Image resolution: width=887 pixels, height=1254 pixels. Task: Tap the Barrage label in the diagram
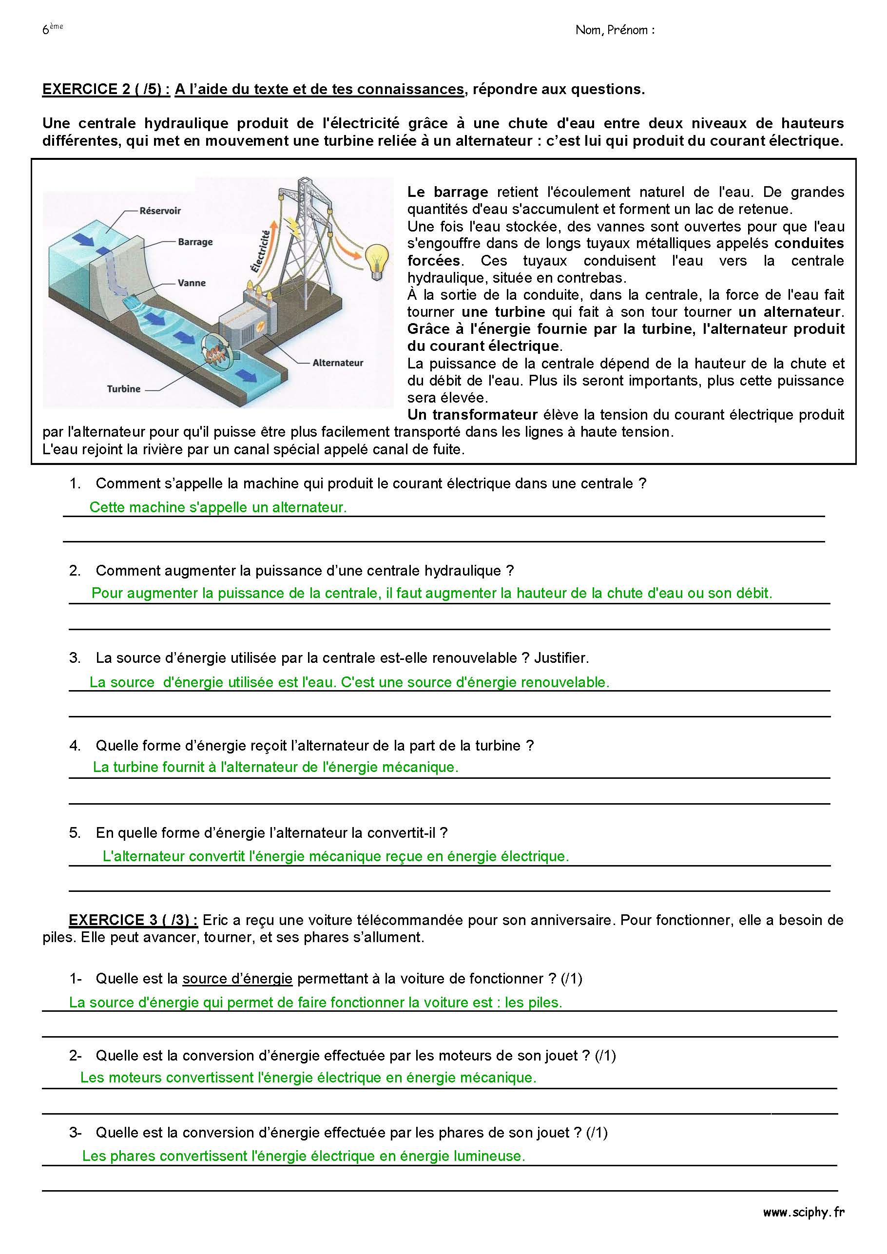195,242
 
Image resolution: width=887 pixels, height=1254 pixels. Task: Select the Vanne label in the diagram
191,283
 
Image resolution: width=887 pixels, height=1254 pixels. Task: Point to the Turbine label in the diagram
123,389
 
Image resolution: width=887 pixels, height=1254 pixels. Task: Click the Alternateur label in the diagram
338,363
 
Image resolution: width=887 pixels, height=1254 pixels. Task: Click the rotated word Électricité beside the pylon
262,251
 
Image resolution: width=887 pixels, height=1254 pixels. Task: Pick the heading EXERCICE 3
133,920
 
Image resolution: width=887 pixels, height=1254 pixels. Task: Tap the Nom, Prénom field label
615,30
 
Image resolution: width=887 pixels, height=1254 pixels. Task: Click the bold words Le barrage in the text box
447,192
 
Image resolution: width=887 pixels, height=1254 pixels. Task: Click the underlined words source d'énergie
238,979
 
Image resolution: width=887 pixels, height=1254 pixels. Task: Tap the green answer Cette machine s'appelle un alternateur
218,507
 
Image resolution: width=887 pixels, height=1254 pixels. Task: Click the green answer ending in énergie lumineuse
303,1156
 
